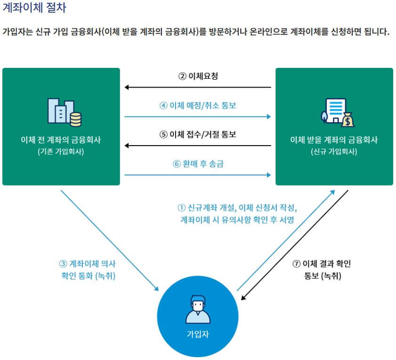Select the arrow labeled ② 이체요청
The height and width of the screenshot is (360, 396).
(198, 87)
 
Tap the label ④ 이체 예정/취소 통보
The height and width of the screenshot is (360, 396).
(197, 105)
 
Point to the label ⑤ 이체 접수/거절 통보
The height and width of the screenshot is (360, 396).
(197, 134)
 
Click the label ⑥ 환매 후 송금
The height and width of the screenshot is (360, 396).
(197, 164)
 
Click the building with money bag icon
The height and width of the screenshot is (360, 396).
(337, 113)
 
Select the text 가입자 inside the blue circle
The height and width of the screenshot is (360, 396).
(198, 335)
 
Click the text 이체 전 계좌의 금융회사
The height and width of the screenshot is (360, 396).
(61, 140)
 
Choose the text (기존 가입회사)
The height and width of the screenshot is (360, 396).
(61, 152)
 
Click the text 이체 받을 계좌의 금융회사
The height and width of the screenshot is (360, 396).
(334, 140)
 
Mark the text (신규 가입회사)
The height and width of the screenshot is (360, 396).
(334, 152)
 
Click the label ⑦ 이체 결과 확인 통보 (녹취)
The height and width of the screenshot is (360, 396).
(322, 270)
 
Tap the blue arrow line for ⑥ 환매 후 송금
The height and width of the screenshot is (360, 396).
(198, 175)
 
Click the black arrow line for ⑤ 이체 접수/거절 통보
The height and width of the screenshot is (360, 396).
(198, 146)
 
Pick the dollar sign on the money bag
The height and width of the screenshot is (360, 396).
(349, 122)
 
